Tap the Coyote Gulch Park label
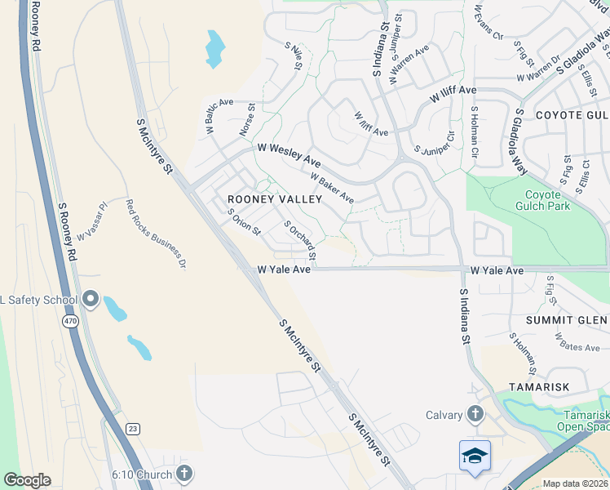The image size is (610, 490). tap(543, 201)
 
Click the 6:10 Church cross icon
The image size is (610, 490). tap(184, 474)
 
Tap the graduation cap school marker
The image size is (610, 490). tap(475, 457)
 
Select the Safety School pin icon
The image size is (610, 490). tap(91, 300)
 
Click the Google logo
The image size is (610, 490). tap(27, 479)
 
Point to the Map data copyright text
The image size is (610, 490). tap(575, 483)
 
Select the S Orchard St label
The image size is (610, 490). tap(299, 241)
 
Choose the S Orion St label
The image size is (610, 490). tap(243, 222)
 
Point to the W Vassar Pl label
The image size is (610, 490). tap(92, 223)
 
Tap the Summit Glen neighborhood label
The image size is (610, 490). tap(567, 319)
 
